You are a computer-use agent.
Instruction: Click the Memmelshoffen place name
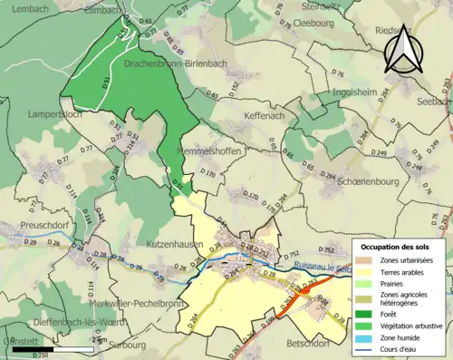click(x=209, y=151)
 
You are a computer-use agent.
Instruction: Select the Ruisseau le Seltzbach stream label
click(x=323, y=266)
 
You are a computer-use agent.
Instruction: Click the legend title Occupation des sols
click(x=396, y=247)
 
